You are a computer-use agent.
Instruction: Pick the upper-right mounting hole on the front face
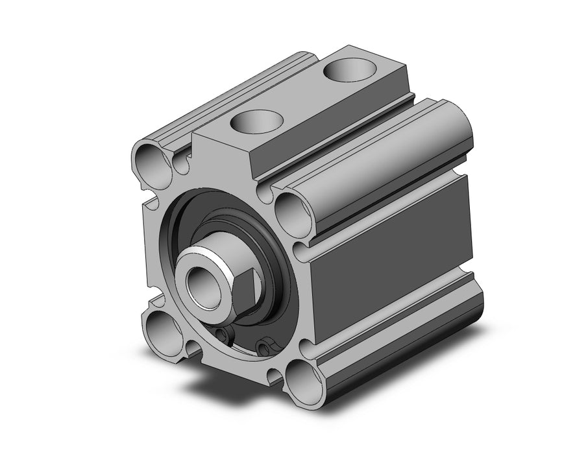tap(288, 209)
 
